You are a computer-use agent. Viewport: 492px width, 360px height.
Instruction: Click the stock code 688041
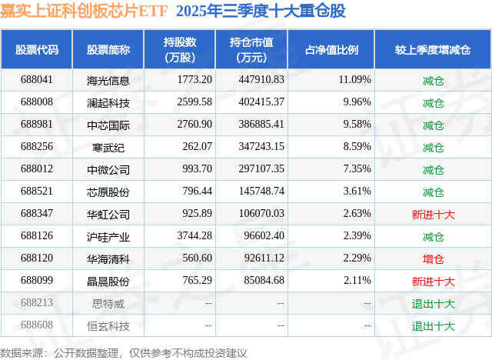point(37,80)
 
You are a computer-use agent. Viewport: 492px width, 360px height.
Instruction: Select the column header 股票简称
point(108,50)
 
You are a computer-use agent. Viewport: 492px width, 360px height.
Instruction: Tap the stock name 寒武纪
point(108,147)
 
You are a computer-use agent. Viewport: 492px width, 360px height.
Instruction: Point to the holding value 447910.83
point(261,80)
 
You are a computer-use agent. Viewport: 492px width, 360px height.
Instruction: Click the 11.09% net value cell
point(355,80)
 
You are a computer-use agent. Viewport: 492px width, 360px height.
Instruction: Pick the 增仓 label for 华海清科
point(433,259)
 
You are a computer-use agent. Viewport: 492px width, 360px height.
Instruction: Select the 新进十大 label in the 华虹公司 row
point(433,215)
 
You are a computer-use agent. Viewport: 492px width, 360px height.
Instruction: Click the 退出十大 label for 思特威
point(433,304)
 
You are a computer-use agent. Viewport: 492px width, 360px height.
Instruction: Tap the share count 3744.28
point(194,235)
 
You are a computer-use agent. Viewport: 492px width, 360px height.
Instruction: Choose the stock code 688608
point(37,325)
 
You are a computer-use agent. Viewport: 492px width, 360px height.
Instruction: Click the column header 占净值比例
point(331,50)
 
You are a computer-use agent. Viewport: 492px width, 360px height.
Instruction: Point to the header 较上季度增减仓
point(433,50)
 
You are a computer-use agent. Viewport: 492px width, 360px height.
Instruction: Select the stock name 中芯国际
point(108,125)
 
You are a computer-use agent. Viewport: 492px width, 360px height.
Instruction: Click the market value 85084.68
point(264,280)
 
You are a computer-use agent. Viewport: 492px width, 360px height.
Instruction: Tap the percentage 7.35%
point(357,169)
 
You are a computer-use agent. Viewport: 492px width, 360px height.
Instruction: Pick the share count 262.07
point(198,147)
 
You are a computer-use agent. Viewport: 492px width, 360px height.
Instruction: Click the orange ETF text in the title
point(153,11)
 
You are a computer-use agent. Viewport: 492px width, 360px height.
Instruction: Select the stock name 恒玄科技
point(108,326)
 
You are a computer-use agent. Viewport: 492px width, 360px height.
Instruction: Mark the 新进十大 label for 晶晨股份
point(433,282)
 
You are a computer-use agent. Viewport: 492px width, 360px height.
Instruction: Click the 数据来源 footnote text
point(124,353)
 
